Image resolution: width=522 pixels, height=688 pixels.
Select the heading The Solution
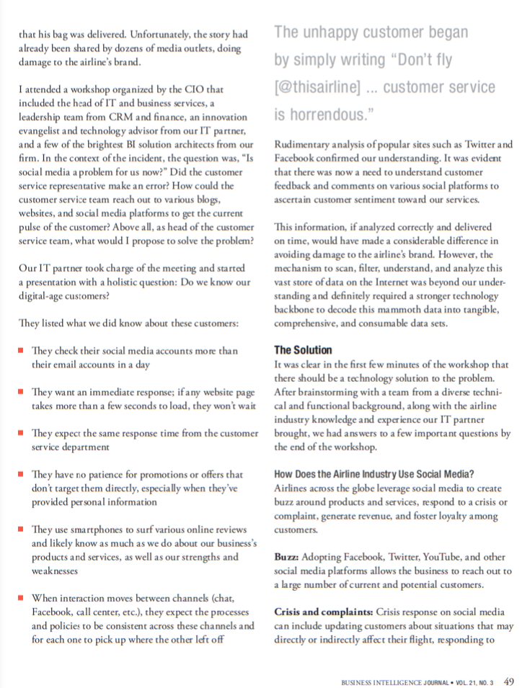click(x=303, y=350)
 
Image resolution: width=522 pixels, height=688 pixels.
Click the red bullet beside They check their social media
click(x=21, y=350)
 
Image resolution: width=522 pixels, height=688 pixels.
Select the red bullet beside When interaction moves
click(x=21, y=598)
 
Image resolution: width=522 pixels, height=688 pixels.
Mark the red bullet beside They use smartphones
click(x=21, y=530)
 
